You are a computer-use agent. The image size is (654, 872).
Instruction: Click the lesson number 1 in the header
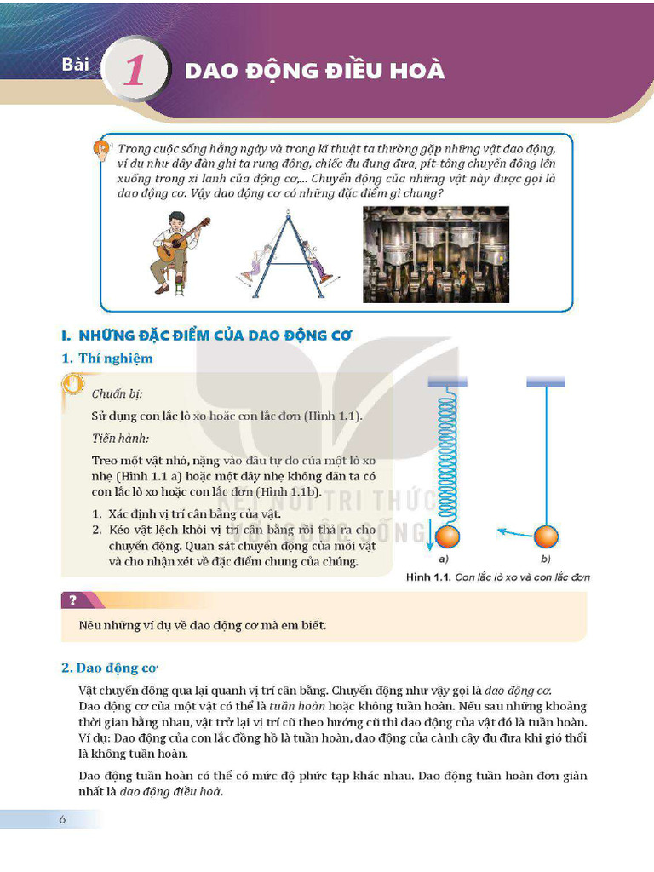135,71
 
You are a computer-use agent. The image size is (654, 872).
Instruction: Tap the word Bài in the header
76,66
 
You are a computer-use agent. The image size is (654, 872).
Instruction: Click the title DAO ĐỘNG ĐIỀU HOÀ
314,71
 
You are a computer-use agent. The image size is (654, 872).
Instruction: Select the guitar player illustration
177,253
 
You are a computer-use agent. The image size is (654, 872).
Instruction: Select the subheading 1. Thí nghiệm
107,359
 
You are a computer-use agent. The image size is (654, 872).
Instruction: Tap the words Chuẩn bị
117,393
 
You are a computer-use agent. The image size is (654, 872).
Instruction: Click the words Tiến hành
120,438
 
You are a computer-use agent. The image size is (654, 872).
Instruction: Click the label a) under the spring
444,559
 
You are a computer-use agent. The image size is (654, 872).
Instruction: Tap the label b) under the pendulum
545,559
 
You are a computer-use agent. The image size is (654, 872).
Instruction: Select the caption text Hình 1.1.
428,577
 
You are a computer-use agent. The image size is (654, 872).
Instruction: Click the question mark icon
73,600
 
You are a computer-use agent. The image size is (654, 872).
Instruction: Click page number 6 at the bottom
62,819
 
